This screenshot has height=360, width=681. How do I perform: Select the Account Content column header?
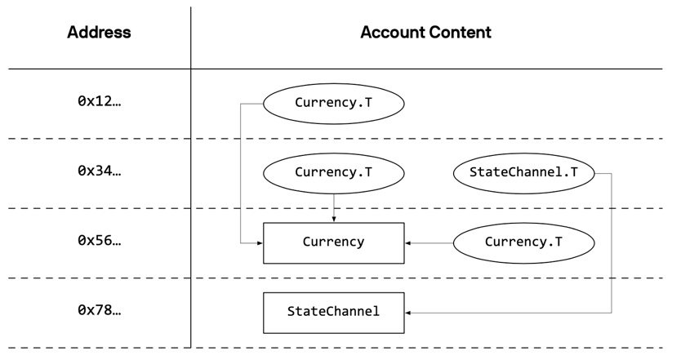click(425, 33)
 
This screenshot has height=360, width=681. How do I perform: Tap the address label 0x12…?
click(99, 102)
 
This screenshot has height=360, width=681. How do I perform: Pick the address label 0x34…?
click(99, 172)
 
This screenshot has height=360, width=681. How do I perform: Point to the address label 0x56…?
click(99, 242)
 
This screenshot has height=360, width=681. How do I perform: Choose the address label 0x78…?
click(99, 311)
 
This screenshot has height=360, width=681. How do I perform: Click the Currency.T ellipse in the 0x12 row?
click(333, 103)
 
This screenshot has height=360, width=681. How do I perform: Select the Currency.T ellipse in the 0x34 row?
click(333, 172)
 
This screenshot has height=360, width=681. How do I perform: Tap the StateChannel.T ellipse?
click(523, 172)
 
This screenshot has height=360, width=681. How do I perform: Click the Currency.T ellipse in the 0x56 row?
click(523, 242)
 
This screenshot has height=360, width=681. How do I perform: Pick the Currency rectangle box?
click(333, 242)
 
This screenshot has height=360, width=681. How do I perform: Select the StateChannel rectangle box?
click(333, 312)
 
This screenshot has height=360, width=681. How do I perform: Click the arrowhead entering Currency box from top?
click(333, 219)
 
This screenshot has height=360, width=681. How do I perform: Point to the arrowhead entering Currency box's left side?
click(259, 242)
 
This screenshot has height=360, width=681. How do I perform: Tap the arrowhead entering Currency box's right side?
click(408, 242)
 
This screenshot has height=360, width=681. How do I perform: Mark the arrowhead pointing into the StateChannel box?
click(408, 312)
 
